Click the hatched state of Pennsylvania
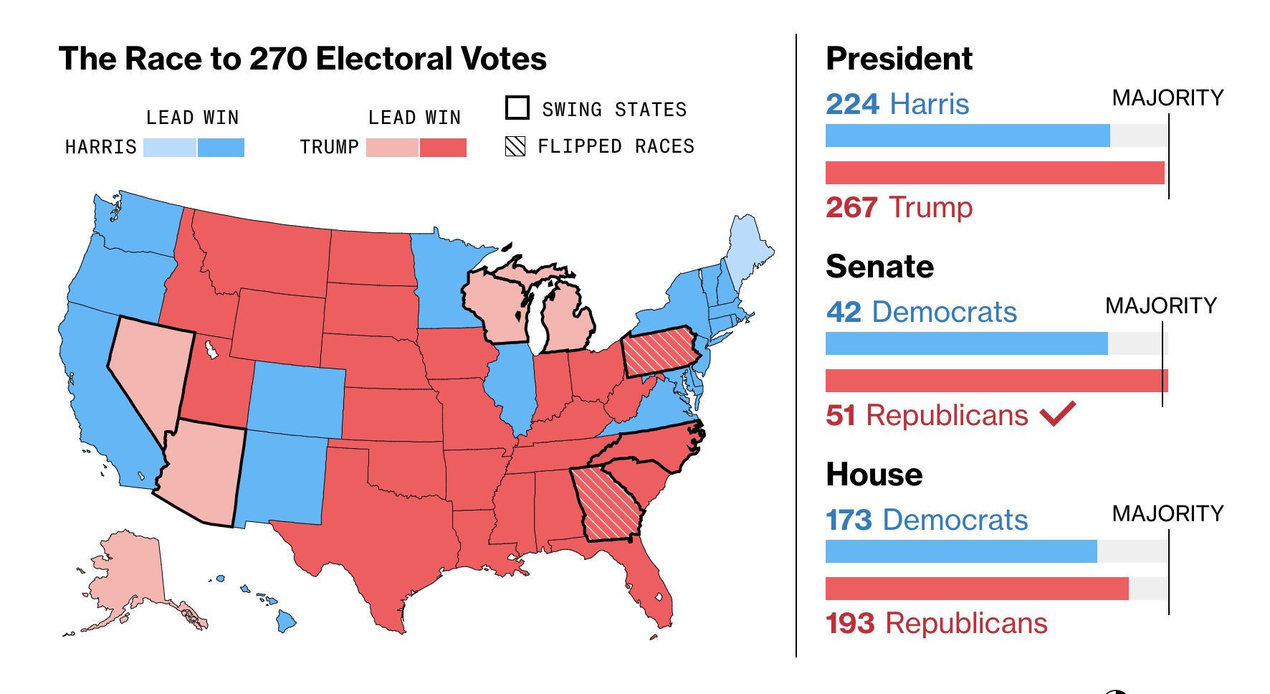[659, 351]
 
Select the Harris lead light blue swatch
[170, 148]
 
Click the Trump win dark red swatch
[443, 148]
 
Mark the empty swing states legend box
[517, 108]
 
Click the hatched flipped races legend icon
[515, 146]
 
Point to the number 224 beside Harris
[852, 105]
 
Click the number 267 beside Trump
[851, 208]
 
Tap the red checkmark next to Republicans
[1058, 414]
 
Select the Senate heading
[879, 267]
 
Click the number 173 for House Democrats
[849, 520]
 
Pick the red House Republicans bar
[976, 589]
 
